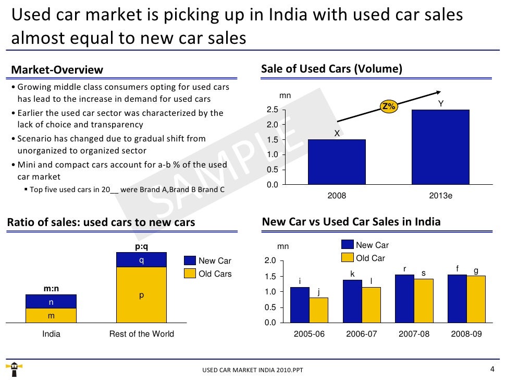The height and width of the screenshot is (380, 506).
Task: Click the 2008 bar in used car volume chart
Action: click(x=337, y=162)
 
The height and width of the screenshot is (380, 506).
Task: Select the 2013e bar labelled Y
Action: click(x=441, y=147)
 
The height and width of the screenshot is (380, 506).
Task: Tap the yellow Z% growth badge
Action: click(x=389, y=106)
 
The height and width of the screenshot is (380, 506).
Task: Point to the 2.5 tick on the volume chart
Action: click(x=273, y=110)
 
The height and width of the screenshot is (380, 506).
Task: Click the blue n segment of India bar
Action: click(x=51, y=302)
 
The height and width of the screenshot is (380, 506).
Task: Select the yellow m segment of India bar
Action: click(x=51, y=316)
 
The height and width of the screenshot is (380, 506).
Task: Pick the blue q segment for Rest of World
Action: click(x=141, y=259)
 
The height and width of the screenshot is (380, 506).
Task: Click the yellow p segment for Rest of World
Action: click(x=141, y=295)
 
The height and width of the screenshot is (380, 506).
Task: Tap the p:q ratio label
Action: click(x=141, y=246)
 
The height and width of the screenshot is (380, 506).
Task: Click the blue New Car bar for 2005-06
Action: click(x=300, y=305)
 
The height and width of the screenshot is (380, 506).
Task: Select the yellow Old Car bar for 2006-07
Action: click(x=371, y=305)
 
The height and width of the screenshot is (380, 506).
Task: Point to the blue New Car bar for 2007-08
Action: click(x=404, y=299)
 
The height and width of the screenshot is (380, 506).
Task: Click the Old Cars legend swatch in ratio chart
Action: click(x=190, y=274)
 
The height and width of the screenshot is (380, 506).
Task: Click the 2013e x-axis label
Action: click(x=440, y=196)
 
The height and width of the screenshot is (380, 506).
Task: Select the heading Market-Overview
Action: click(x=57, y=70)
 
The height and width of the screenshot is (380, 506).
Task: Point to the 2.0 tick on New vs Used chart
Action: click(x=269, y=261)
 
